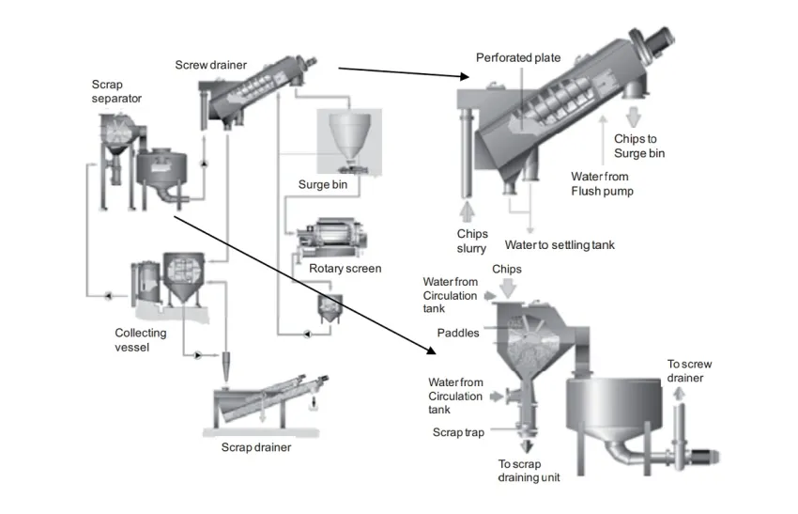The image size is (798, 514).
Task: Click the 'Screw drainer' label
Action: (x=210, y=65)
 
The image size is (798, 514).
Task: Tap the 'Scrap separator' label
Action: (x=116, y=91)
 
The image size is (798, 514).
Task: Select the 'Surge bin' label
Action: (x=323, y=184)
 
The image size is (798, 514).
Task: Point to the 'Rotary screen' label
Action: (x=345, y=269)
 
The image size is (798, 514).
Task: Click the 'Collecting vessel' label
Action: (x=141, y=340)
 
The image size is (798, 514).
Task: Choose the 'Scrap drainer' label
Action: (x=256, y=447)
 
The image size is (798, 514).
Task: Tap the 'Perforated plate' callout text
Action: (x=518, y=57)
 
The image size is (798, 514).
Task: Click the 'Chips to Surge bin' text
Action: (x=639, y=146)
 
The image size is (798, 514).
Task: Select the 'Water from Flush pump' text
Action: (x=602, y=183)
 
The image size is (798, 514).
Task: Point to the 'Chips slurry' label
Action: (x=472, y=241)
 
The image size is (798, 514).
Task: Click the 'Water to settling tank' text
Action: (x=560, y=245)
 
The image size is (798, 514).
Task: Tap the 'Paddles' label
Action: (x=458, y=333)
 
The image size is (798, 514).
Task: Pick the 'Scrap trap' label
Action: (x=458, y=432)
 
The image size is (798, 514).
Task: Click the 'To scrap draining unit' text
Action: (x=529, y=471)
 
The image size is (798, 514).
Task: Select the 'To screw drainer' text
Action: (x=689, y=371)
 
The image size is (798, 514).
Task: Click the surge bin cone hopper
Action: (x=349, y=135)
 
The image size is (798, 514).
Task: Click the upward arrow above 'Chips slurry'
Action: (x=467, y=211)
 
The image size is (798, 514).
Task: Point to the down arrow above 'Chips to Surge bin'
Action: (x=633, y=117)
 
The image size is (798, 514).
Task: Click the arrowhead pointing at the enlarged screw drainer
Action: (x=464, y=76)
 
